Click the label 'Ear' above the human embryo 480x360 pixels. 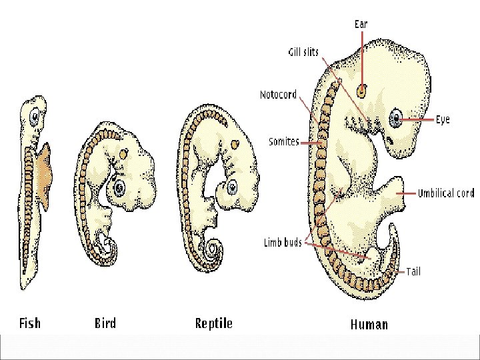click(361, 24)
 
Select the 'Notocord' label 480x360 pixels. click(278, 95)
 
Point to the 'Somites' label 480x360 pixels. click(283, 141)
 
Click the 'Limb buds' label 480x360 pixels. click(283, 243)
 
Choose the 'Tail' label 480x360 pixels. click(413, 271)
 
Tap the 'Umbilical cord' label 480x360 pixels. click(446, 193)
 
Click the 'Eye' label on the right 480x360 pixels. click(443, 119)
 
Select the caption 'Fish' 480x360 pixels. click(29, 323)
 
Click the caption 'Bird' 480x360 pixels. click(105, 323)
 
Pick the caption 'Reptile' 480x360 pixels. click(213, 323)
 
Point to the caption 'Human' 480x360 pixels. click(369, 325)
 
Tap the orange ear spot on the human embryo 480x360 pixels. click(361, 90)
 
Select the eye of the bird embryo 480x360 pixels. click(120, 187)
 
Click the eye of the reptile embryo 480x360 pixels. click(232, 187)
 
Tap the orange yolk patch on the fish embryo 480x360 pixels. click(46, 177)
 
